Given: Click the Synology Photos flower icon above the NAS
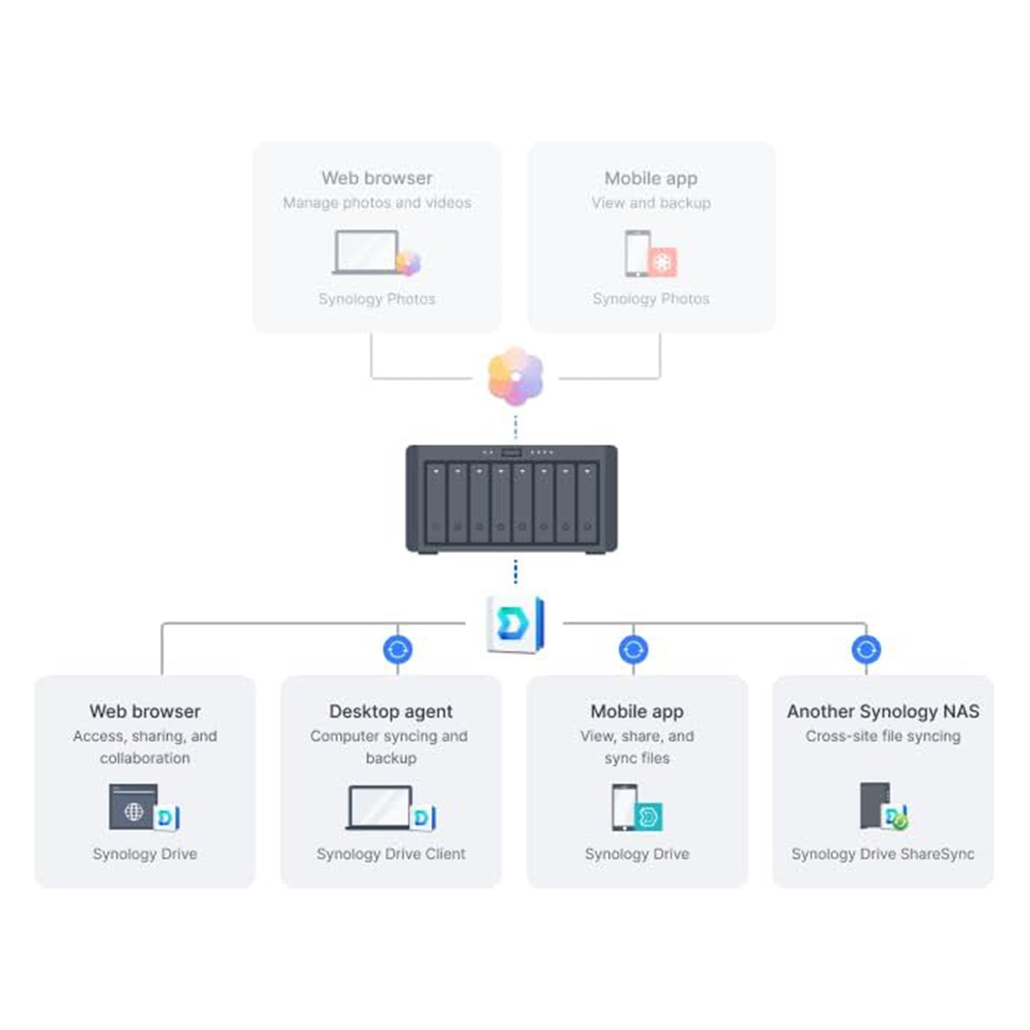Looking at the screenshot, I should pyautogui.click(x=516, y=376).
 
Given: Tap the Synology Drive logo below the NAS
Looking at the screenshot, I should pyautogui.click(x=515, y=623).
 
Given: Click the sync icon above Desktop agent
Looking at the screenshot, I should pyautogui.click(x=398, y=649).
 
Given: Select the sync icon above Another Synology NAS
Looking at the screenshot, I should pyautogui.click(x=866, y=649).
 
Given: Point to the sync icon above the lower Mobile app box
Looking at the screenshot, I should pyautogui.click(x=633, y=649).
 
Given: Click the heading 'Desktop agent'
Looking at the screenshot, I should pyautogui.click(x=391, y=711).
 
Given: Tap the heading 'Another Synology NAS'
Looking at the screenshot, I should pyautogui.click(x=883, y=711).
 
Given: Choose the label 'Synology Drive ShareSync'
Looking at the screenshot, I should pyautogui.click(x=882, y=854).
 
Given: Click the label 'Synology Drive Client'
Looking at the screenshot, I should pyautogui.click(x=391, y=854).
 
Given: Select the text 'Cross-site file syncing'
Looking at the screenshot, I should pyautogui.click(x=883, y=736).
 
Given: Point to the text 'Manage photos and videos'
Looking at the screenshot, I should pyautogui.click(x=377, y=203).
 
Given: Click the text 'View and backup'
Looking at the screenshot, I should pyautogui.click(x=651, y=203).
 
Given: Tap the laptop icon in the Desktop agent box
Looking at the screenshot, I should pyautogui.click(x=380, y=808).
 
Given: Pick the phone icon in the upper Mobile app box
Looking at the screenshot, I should pyautogui.click(x=637, y=253).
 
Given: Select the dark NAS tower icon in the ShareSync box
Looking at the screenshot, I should pyautogui.click(x=874, y=805).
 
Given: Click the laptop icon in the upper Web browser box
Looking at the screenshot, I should pyautogui.click(x=366, y=252).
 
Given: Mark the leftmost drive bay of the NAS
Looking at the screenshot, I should pyautogui.click(x=435, y=505).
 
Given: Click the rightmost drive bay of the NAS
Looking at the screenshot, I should pyautogui.click(x=587, y=505).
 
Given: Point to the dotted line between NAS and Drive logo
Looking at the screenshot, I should pyautogui.click(x=516, y=571).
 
